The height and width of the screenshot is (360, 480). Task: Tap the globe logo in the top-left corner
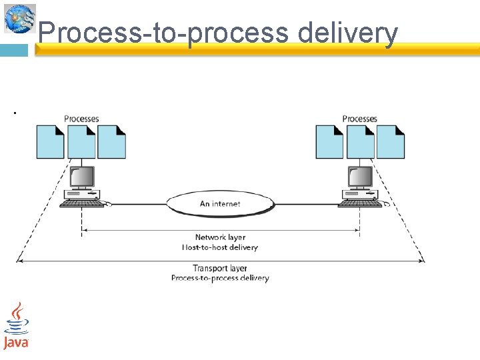pos(20,18)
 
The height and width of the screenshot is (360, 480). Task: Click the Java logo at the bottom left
pos(16,327)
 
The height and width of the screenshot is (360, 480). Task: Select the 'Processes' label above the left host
pos(81,119)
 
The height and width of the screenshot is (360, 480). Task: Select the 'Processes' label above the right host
pos(359,119)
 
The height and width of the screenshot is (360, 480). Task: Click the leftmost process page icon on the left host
pos(50,142)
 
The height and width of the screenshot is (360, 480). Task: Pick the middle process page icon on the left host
pos(81,142)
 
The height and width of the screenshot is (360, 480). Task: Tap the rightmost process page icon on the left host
pos(111,142)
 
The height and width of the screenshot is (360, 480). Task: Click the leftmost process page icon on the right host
pos(329,142)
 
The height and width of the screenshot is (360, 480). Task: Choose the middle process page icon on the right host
pos(360,142)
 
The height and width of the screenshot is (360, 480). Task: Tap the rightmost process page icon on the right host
pos(390,142)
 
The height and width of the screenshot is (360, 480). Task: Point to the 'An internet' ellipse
pos(220,203)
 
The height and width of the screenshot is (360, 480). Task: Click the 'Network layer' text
pos(220,237)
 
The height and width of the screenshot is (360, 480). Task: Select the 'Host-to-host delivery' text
pos(220,247)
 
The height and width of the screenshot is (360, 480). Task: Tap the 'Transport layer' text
pos(220,269)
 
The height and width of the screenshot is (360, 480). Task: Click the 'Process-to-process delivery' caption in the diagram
pos(220,278)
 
